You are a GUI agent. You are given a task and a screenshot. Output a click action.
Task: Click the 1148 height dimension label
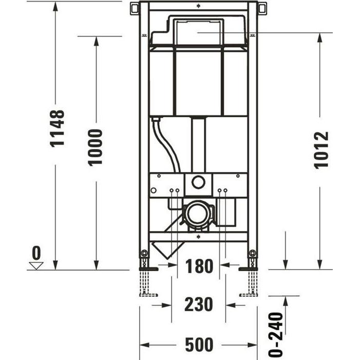58,128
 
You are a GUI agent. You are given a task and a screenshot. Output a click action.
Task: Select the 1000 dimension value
96,147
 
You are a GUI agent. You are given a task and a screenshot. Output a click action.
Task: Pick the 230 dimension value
199,304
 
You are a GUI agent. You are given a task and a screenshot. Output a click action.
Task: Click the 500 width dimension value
199,344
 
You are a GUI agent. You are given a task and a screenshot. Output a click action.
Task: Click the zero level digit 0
35,253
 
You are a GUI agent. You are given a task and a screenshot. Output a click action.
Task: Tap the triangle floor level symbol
36,265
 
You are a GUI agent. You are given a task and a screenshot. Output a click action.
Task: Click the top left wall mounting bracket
135,9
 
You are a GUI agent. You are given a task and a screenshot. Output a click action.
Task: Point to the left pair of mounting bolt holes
174,191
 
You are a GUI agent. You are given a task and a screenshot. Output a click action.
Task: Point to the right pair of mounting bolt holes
222,191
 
